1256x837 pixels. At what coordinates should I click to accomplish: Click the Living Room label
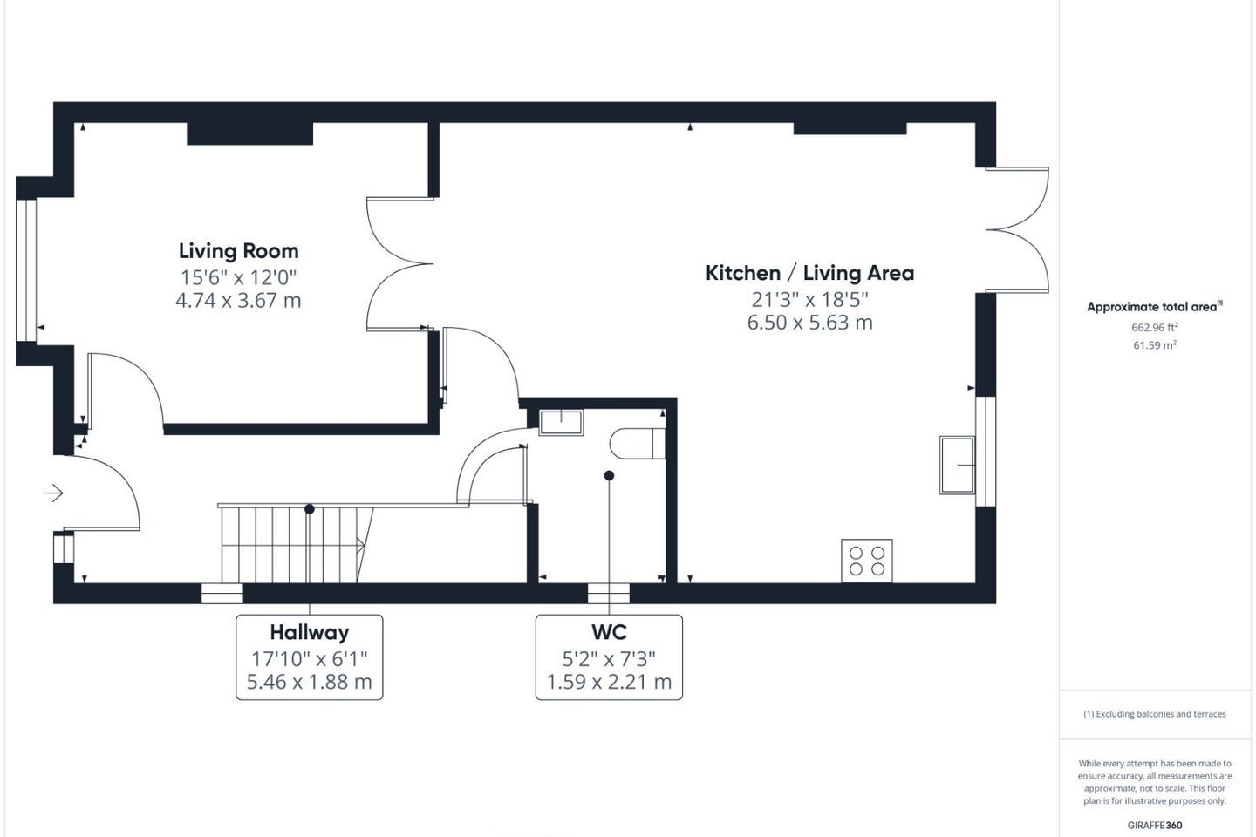click(x=238, y=251)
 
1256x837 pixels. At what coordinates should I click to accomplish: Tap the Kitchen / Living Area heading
click(x=809, y=273)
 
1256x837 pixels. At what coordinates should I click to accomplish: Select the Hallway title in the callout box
click(x=310, y=632)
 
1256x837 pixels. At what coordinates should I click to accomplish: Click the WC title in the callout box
click(x=609, y=632)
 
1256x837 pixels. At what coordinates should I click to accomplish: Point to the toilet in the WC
click(x=637, y=444)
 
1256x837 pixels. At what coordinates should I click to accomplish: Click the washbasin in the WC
click(x=561, y=423)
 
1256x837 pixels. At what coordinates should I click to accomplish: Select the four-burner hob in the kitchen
click(x=867, y=561)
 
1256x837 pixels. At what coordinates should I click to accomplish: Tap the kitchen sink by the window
click(x=958, y=465)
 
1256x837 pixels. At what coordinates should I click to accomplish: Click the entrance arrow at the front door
click(x=54, y=493)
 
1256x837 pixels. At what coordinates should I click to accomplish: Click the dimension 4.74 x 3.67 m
click(x=238, y=301)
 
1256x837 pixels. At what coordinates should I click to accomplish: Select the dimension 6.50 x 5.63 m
click(x=809, y=323)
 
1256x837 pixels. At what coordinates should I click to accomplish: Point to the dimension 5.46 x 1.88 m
click(x=310, y=682)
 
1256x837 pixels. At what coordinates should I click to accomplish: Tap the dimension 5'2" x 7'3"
click(x=609, y=659)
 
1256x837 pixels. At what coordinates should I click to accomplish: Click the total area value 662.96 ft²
click(x=1155, y=327)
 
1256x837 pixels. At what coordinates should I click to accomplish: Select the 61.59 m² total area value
click(x=1155, y=344)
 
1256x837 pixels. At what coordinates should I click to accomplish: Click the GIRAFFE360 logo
click(x=1155, y=825)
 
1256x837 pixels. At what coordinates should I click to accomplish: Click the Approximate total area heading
click(x=1155, y=307)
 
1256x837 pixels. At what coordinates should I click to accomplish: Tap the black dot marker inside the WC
click(x=609, y=475)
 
